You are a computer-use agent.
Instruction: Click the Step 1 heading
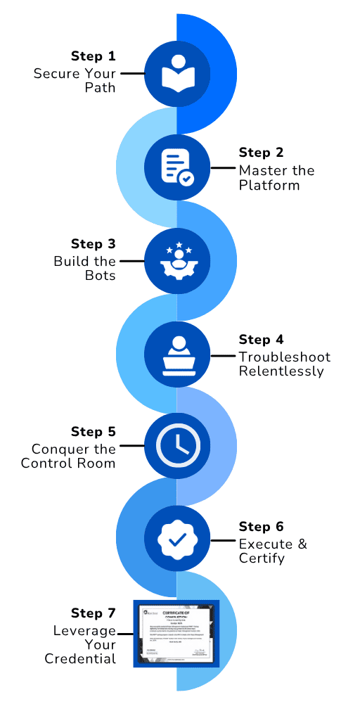pyautogui.click(x=93, y=56)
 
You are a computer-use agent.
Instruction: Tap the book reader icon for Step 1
pyautogui.click(x=177, y=72)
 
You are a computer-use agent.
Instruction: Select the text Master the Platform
pyautogui.click(x=276, y=178)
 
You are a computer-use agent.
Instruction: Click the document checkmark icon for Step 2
pyautogui.click(x=177, y=167)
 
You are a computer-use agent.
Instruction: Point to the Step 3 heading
pyautogui.click(x=93, y=244)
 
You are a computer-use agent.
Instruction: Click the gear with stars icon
pyautogui.click(x=177, y=261)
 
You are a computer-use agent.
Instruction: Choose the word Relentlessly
pyautogui.click(x=281, y=371)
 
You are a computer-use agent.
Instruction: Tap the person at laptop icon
pyautogui.click(x=177, y=354)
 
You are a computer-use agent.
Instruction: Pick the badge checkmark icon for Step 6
pyautogui.click(x=177, y=539)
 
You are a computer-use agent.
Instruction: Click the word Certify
pyautogui.click(x=262, y=558)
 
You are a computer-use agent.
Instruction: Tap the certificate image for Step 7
pyautogui.click(x=177, y=633)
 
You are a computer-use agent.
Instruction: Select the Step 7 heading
pyautogui.click(x=93, y=613)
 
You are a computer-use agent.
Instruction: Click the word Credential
pyautogui.click(x=80, y=659)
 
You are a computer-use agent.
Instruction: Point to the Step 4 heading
pyautogui.click(x=262, y=340)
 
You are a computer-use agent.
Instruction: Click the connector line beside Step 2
pyautogui.click(x=223, y=167)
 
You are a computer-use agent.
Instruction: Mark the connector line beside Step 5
pyautogui.click(x=131, y=446)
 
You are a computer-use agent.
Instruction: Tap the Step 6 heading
pyautogui.click(x=262, y=527)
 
